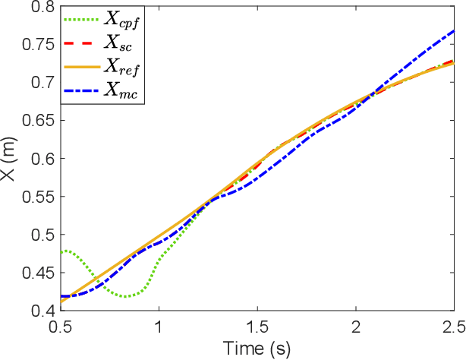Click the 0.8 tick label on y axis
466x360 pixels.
pos(42,7)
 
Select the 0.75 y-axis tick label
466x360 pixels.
pos(38,45)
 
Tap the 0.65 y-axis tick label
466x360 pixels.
pos(38,121)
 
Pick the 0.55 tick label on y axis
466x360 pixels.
pos(38,197)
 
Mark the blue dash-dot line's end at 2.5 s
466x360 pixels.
pos(454,30)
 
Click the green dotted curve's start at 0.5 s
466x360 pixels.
pos(61,251)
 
